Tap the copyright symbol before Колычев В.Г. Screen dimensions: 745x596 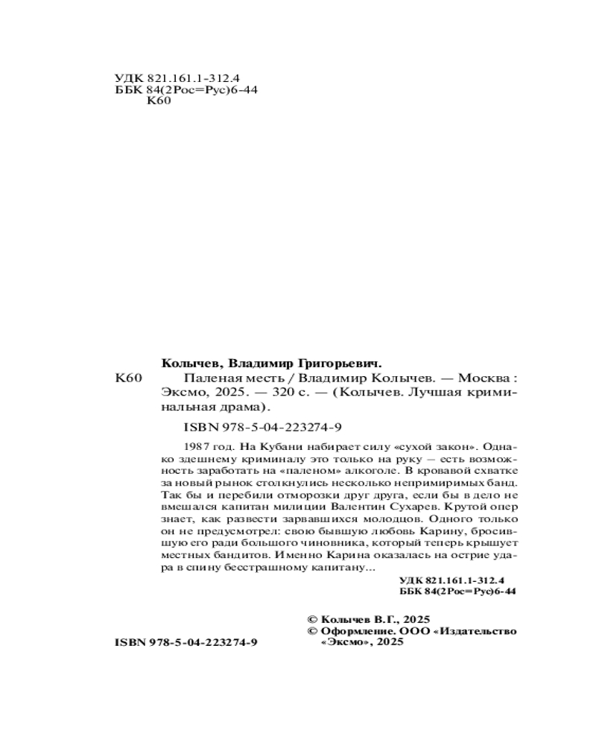click(x=313, y=618)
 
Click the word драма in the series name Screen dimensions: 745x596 click(x=242, y=408)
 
